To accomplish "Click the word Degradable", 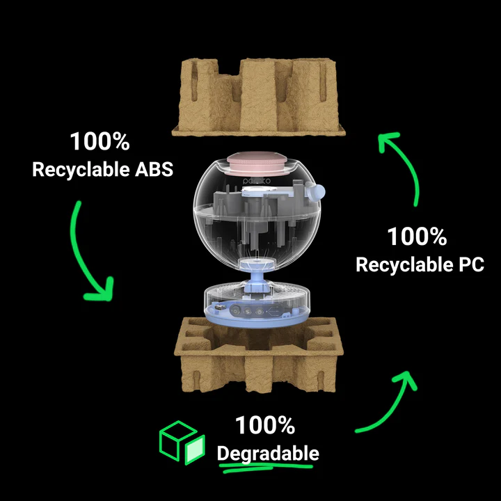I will click(x=268, y=454).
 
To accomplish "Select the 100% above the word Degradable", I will click(x=264, y=425).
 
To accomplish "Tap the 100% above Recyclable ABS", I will click(x=100, y=142).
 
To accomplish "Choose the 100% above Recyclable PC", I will click(x=417, y=237).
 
